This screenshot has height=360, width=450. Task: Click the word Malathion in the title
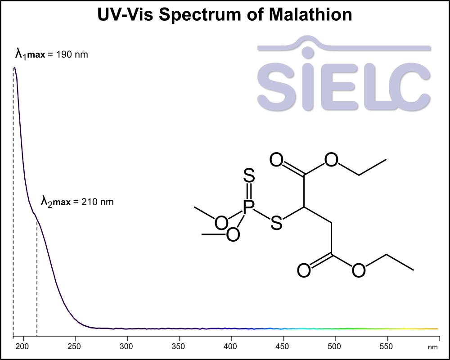[x=310, y=14]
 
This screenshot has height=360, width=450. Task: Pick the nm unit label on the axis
[x=432, y=347]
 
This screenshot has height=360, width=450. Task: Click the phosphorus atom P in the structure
[x=248, y=207]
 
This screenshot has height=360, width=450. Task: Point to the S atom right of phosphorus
[x=277, y=222]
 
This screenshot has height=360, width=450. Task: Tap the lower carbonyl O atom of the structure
[x=304, y=270]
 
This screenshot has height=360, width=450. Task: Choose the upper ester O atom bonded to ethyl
[x=332, y=160]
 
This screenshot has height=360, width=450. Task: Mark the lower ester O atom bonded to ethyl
[x=359, y=270]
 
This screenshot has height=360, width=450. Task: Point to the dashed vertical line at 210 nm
[x=37, y=279]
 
